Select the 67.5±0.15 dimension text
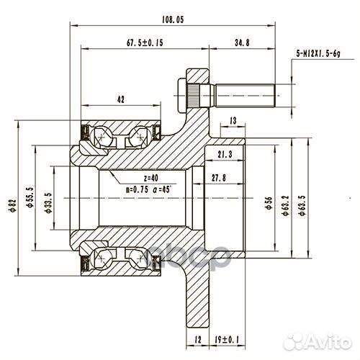145,43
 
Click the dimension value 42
121,99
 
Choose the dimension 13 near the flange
233,120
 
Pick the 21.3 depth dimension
224,154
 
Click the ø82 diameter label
12,204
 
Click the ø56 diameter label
268,204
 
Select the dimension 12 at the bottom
197,338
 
